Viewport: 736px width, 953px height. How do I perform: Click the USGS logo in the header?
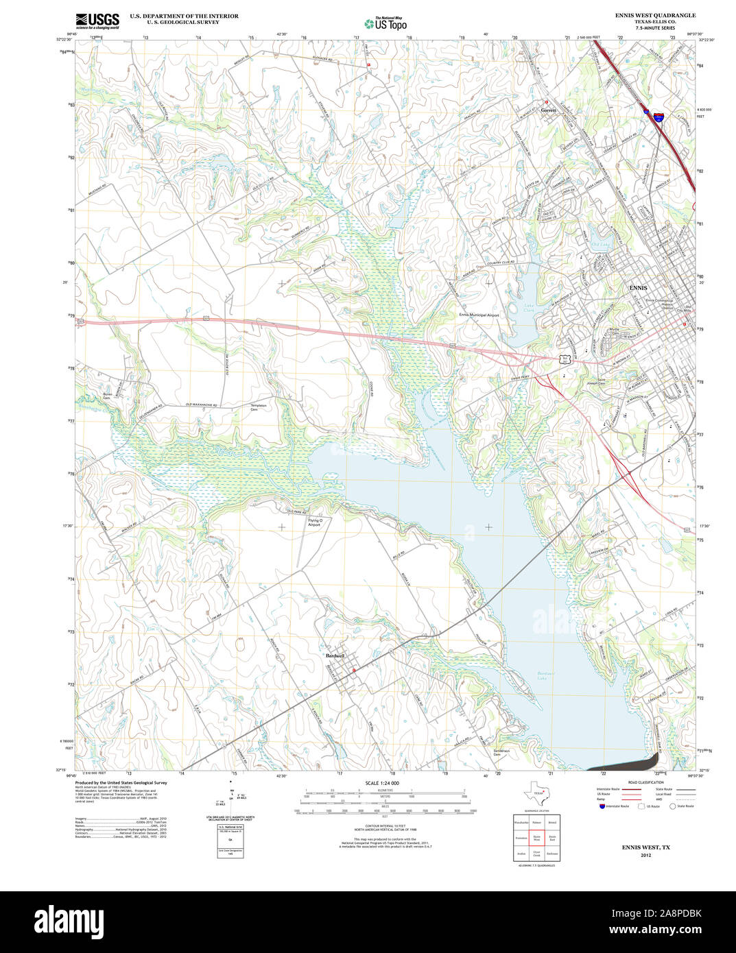pos(97,20)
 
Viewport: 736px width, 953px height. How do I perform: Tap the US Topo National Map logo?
pos(385,23)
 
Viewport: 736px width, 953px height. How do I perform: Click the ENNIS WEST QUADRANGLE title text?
pos(655,15)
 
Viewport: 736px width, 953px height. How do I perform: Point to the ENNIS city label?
pos(638,288)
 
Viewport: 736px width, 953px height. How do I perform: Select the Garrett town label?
pos(548,110)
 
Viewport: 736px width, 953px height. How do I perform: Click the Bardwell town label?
pos(335,656)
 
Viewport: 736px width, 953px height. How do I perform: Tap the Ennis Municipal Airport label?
pos(479,315)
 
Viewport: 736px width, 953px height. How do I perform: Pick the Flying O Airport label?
pos(314,522)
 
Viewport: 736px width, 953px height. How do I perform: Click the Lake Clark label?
pos(528,308)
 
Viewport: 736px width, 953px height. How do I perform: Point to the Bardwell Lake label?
pos(546,676)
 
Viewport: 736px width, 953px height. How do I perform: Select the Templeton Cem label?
pos(259,407)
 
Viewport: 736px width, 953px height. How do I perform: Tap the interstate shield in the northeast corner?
pos(658,117)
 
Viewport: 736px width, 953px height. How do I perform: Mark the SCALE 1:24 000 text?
pos(382,783)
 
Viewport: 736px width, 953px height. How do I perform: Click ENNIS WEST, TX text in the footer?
pos(645,847)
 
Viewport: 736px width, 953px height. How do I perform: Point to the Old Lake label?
pos(600,245)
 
